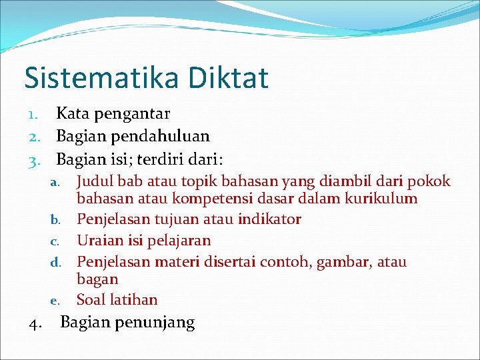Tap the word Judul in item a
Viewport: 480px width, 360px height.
pyautogui.click(x=94, y=181)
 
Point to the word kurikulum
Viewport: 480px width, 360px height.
pyautogui.click(x=380, y=199)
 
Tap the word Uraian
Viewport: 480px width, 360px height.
pyautogui.click(x=99, y=240)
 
